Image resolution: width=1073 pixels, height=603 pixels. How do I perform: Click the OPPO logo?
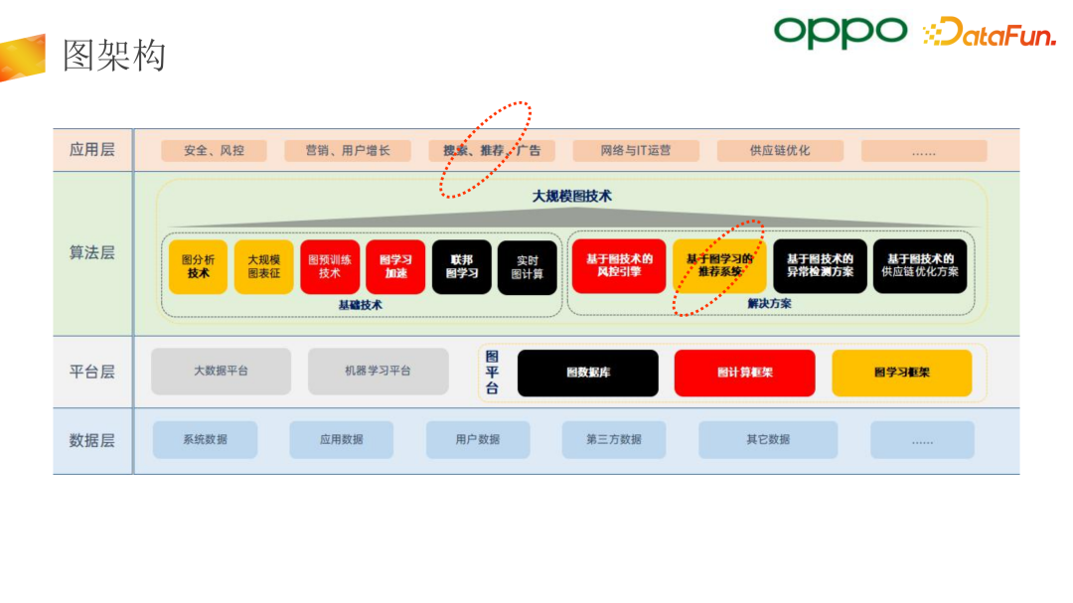(841, 32)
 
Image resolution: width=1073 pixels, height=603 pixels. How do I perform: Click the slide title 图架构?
(114, 56)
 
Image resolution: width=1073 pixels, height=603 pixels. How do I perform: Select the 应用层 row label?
(92, 150)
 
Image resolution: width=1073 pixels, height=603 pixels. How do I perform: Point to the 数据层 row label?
(92, 440)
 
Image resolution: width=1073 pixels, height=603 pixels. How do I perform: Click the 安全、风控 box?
(214, 151)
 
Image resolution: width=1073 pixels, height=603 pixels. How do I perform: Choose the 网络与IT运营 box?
(636, 151)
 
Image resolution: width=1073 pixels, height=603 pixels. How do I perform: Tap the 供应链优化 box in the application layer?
(779, 151)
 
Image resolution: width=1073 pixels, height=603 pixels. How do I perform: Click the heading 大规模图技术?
(572, 196)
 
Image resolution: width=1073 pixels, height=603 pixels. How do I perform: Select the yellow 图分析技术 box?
(199, 266)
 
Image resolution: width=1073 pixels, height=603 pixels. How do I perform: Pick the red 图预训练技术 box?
(330, 266)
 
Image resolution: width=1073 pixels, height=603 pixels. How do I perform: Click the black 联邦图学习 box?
(462, 266)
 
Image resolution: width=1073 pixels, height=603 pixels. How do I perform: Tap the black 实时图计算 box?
(528, 267)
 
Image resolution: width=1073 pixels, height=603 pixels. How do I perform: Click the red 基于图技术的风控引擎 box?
(619, 265)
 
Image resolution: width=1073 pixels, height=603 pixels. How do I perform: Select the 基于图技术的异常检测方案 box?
(820, 265)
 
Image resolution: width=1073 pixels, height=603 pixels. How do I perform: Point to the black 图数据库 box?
(587, 373)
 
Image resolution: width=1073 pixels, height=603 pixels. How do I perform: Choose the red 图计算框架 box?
(744, 373)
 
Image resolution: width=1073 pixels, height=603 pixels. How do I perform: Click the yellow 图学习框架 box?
(902, 373)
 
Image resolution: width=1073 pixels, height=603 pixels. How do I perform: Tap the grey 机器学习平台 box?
(378, 371)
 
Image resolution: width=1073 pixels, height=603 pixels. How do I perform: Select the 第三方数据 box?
(614, 439)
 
